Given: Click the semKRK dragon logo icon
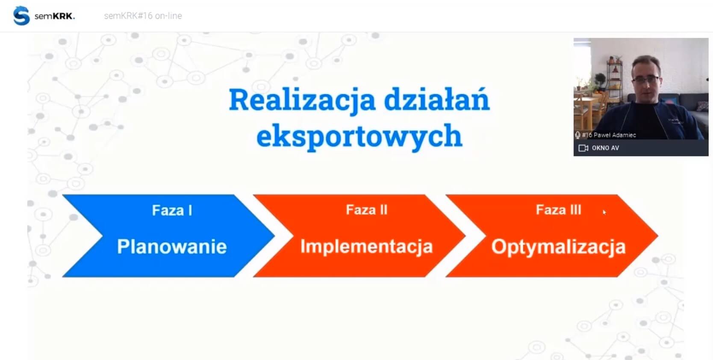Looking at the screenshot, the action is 21,15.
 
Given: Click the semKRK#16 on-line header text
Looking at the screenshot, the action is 143,16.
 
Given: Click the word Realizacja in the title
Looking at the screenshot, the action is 302,100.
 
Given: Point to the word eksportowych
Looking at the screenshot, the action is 359,136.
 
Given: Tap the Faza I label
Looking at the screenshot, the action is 172,210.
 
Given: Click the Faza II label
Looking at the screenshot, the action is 367,210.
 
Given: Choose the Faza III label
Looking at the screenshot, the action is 559,210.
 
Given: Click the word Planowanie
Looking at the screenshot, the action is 172,246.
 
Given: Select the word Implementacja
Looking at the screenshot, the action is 367,246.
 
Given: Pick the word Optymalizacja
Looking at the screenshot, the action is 559,247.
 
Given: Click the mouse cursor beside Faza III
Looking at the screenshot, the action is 604,212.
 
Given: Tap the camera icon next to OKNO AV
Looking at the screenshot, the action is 583,148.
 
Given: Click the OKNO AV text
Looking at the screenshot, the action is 605,148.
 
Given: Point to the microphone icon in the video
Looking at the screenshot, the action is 577,135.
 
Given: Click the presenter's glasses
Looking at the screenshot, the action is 646,79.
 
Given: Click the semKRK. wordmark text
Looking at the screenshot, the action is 55,16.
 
